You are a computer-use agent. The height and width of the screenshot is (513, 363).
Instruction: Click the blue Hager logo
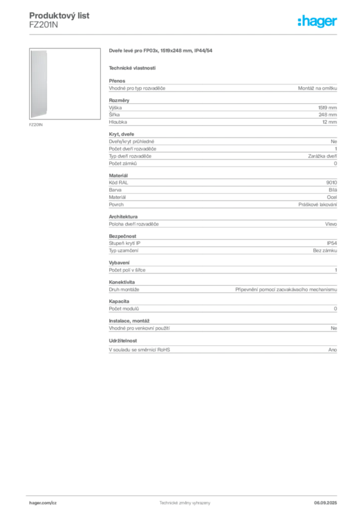pyautogui.click(x=318, y=22)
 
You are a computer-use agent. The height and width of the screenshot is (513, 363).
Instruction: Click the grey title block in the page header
pyautogui.click(x=60, y=19)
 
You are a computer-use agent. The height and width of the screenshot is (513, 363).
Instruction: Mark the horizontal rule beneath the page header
pyautogui.click(x=185, y=34)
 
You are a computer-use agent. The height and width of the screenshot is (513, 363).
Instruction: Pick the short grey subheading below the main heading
pyautogui.click(x=132, y=68)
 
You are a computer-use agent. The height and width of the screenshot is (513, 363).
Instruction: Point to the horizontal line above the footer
pyautogui.click(x=185, y=495)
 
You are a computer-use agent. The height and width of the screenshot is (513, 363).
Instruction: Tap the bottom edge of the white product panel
pyautogui.click(x=39, y=119)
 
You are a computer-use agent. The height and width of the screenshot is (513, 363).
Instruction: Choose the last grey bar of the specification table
pyautogui.click(x=222, y=350)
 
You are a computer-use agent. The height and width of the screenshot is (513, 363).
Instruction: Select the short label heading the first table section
pyautogui.click(x=117, y=79)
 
